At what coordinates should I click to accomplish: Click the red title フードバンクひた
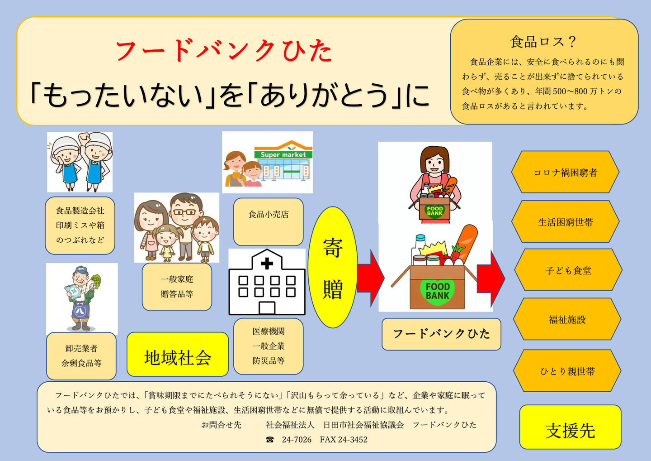coord(224,51)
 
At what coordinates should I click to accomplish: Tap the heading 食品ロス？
coord(543,42)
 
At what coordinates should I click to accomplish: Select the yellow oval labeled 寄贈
coord(333,267)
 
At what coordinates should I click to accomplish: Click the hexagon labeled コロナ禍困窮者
coord(565,172)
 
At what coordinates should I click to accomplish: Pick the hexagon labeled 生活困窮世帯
coord(565,221)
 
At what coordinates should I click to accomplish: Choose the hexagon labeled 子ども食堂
coord(568,270)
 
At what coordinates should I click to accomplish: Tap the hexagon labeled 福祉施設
coord(567,319)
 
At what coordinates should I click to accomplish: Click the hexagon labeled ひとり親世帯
coord(567,371)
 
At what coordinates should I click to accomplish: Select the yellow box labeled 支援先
coord(570,427)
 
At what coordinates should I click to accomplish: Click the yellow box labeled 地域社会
coord(178,354)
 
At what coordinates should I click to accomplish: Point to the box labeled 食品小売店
coord(268,222)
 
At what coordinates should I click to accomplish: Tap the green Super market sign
coord(283,154)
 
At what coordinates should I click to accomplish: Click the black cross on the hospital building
coord(267,264)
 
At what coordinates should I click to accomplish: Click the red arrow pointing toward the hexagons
coord(491,279)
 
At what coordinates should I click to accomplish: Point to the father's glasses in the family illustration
coord(184,212)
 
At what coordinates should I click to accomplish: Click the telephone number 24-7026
coord(297,439)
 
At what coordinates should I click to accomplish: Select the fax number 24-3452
coord(353,439)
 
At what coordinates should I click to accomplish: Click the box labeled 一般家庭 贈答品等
coord(177,287)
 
